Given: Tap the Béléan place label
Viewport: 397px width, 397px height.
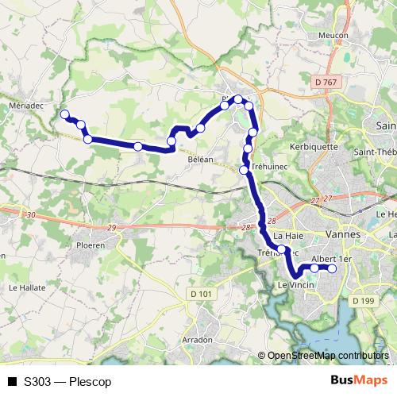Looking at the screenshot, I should pyautogui.click(x=201, y=160).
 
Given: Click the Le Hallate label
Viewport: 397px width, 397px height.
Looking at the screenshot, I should pyautogui.click(x=25, y=287).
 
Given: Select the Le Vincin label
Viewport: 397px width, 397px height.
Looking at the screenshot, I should pyautogui.click(x=291, y=284).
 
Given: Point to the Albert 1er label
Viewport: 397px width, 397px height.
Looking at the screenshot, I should pyautogui.click(x=331, y=259).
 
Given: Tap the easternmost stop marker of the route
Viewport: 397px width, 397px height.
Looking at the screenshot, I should pyautogui.click(x=332, y=268).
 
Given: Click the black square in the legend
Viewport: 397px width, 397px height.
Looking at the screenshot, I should pyautogui.click(x=11, y=382).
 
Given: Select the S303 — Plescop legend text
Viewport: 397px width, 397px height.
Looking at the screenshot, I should pyautogui.click(x=67, y=382).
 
